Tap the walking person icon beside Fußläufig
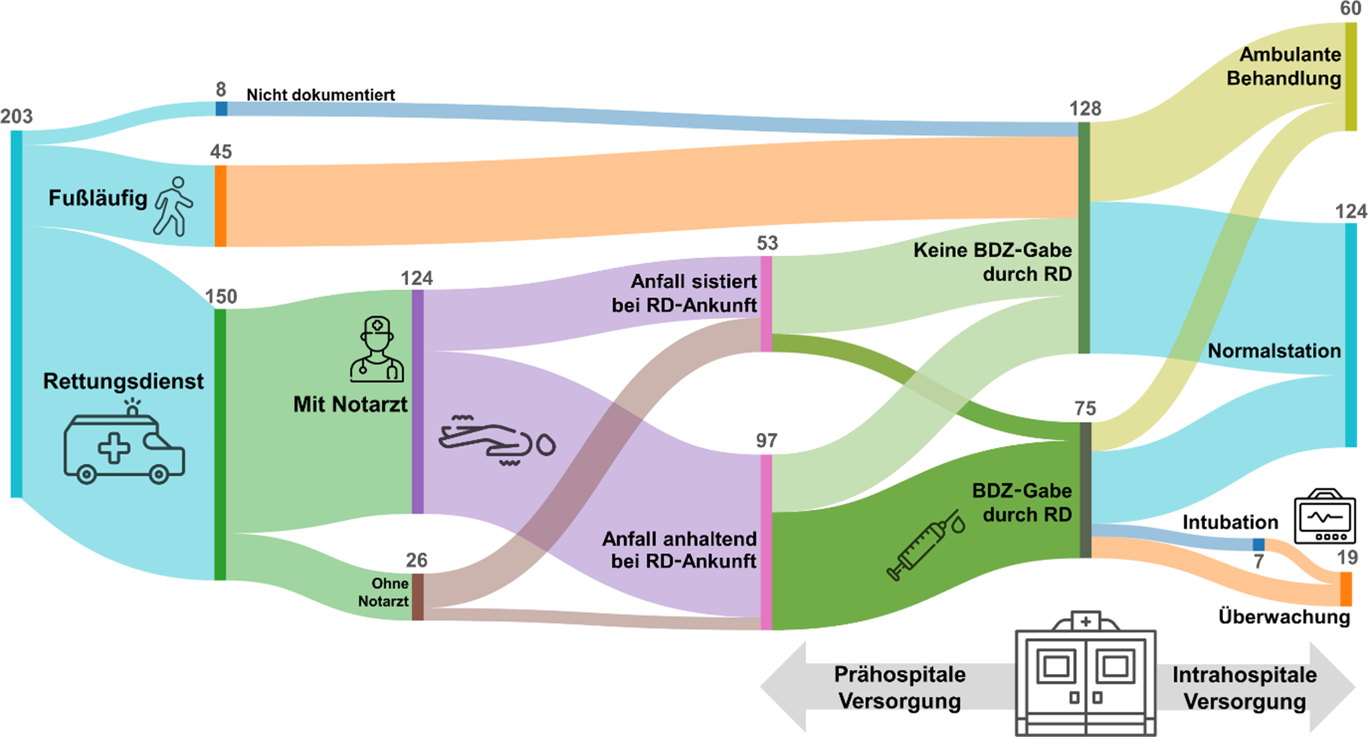(x=173, y=206)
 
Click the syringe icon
(x=925, y=545)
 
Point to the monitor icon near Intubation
(x=1325, y=518)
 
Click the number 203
(x=17, y=117)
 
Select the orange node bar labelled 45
(x=220, y=206)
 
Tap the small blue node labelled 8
(x=222, y=108)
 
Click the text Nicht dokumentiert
(x=320, y=95)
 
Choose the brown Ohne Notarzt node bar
(x=417, y=597)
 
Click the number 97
(x=766, y=441)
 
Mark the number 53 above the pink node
(x=767, y=243)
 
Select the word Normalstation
(x=1274, y=351)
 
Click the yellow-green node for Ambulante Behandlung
(x=1351, y=76)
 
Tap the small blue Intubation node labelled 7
(x=1259, y=545)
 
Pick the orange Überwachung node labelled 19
(x=1346, y=589)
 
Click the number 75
(x=1085, y=408)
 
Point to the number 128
(x=1085, y=109)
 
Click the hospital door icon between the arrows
(x=1086, y=675)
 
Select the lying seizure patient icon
(x=497, y=441)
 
